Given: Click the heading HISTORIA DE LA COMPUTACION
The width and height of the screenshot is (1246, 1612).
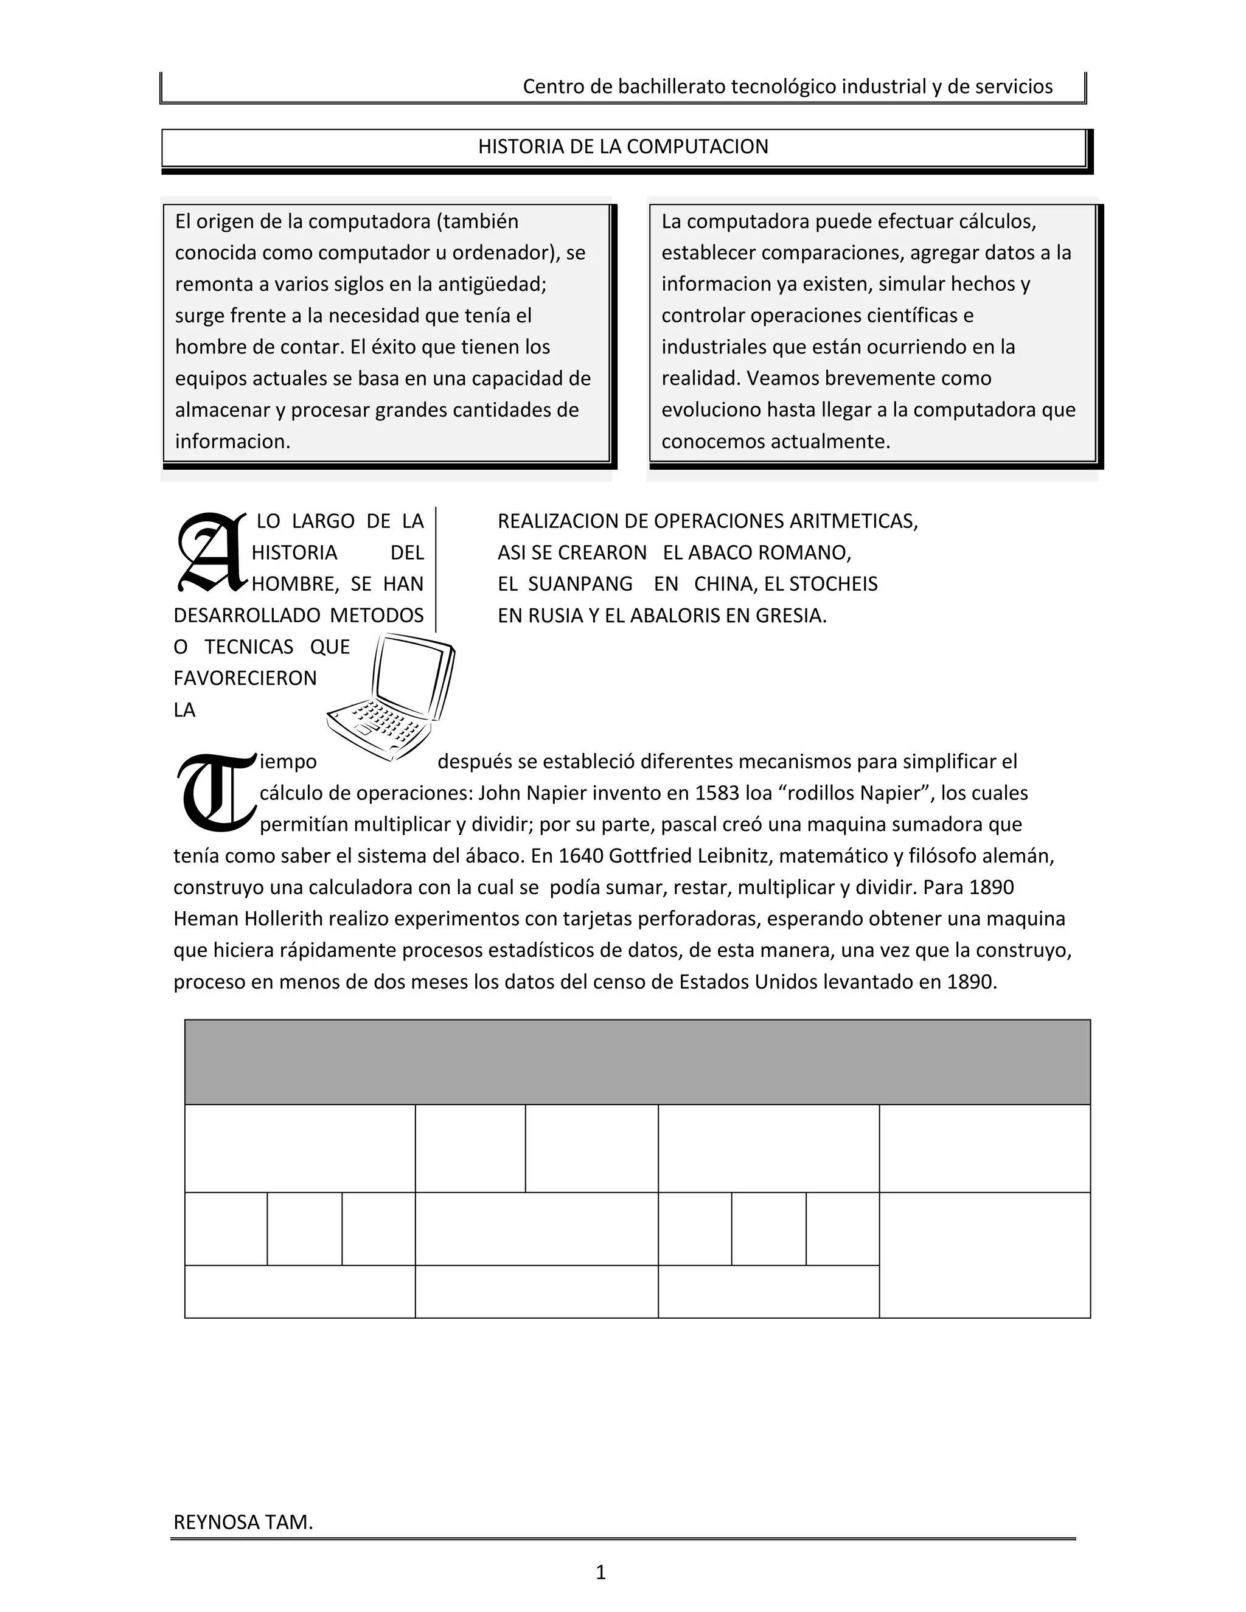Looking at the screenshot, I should tap(623, 147).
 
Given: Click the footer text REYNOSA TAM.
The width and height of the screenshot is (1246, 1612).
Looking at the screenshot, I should tap(243, 1522).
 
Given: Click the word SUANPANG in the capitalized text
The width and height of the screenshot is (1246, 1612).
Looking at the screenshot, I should tap(580, 584).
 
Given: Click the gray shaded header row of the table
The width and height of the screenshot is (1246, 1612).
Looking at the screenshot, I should tap(637, 1062).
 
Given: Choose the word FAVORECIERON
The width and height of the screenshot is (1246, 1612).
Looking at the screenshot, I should tap(245, 678).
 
